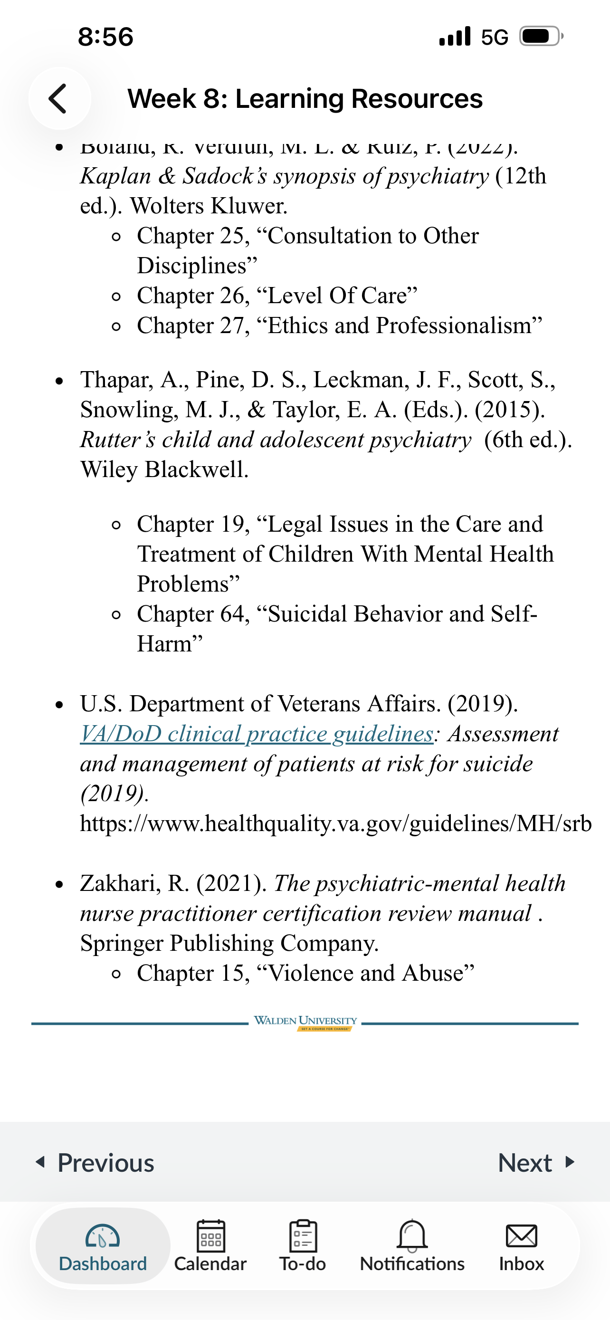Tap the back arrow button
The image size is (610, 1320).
tap(59, 98)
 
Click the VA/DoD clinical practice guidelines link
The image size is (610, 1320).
tap(257, 734)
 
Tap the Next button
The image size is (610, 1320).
tap(536, 1163)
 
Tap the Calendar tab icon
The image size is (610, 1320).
tap(210, 1236)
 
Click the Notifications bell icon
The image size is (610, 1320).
tap(412, 1235)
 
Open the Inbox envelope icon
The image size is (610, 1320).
tap(521, 1236)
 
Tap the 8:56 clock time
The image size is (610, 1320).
tap(105, 37)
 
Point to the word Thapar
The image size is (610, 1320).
tap(116, 380)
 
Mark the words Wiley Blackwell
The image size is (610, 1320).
tap(164, 469)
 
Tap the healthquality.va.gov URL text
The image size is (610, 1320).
tap(335, 823)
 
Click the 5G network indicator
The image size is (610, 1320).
tap(494, 37)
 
